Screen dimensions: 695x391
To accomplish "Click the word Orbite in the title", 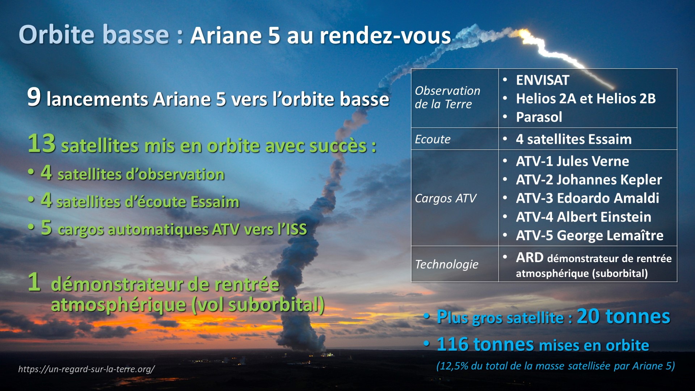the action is [x=58, y=35].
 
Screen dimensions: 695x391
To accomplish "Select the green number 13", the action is [x=42, y=143].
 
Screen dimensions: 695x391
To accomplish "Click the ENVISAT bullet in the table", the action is [x=542, y=80].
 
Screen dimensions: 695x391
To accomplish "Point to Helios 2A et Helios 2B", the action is [x=586, y=98].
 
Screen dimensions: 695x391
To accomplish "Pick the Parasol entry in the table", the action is [x=539, y=117].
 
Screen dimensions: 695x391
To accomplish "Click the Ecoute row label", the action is [x=433, y=139].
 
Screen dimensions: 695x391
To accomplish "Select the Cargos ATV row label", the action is [x=446, y=198].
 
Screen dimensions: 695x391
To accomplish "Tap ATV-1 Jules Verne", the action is [x=572, y=161].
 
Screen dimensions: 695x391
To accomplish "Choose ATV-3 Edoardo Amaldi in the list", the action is [x=587, y=198].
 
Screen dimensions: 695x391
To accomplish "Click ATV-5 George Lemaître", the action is [x=590, y=235].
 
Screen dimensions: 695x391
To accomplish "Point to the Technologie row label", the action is [x=447, y=264].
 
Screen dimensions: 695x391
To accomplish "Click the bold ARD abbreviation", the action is [x=530, y=257].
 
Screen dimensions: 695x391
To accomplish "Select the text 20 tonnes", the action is [x=623, y=316].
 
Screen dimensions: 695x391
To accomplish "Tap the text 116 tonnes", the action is [x=485, y=344].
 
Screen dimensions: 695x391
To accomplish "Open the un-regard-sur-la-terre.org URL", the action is [x=87, y=369].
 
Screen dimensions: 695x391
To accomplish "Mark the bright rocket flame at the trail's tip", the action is [x=524, y=33].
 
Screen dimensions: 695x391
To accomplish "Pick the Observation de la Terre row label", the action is [x=447, y=97].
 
